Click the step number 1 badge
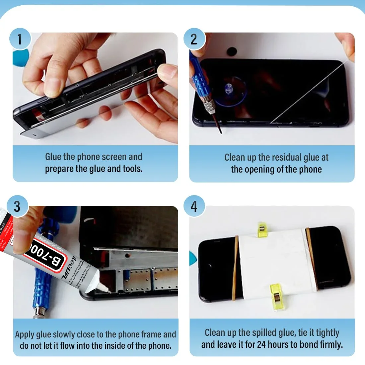pyautogui.click(x=20, y=39)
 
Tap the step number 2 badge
pyautogui.click(x=194, y=39)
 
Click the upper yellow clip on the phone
pyautogui.click(x=262, y=229)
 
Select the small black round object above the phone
pyautogui.click(x=231, y=51)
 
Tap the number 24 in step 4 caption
pyautogui.click(x=261, y=344)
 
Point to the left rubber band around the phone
pyautogui.click(x=236, y=265)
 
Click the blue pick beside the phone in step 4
pyautogui.click(x=193, y=258)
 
